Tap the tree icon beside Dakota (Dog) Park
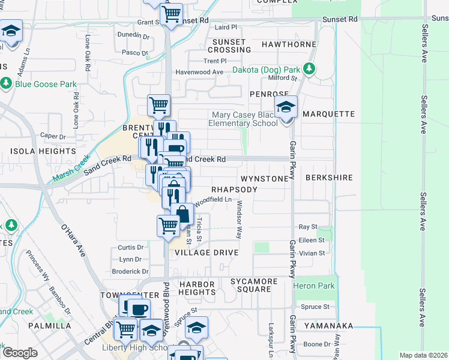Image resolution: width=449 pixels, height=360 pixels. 310,69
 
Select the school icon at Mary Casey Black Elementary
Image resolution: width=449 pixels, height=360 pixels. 286,108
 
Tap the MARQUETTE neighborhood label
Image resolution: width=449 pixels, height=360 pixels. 329,114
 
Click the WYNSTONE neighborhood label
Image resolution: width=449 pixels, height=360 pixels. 265,179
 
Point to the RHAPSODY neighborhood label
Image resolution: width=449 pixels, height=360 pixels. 234,190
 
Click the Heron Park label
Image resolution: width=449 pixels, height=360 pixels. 314,286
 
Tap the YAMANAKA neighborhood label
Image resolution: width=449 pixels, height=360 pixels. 328,326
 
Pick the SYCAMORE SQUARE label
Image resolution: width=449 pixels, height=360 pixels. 250,285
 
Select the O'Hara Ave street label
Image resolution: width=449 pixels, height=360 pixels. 73,239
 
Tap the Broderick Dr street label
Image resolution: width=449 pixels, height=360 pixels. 130,271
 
